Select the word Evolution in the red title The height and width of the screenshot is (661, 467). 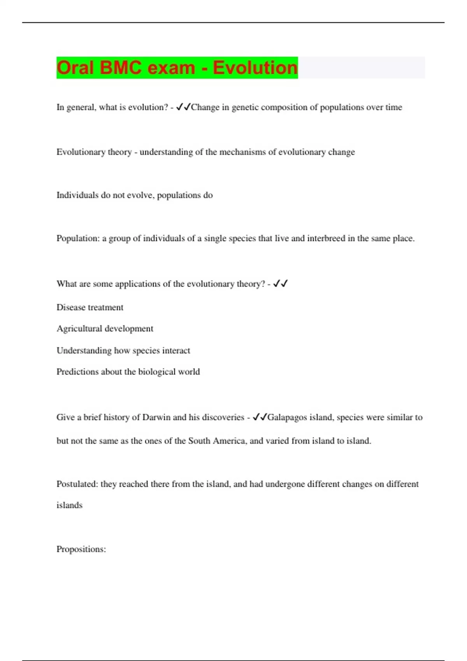point(255,68)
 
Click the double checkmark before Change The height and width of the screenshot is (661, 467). point(183,107)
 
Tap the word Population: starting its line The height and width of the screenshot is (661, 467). point(78,238)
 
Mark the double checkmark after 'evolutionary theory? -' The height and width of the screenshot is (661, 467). point(280,284)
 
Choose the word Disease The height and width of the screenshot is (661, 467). point(70,308)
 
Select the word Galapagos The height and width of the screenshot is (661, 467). point(287,418)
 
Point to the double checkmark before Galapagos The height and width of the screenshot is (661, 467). point(260,417)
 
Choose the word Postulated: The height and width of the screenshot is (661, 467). point(77,484)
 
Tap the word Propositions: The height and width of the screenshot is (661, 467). point(81,549)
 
